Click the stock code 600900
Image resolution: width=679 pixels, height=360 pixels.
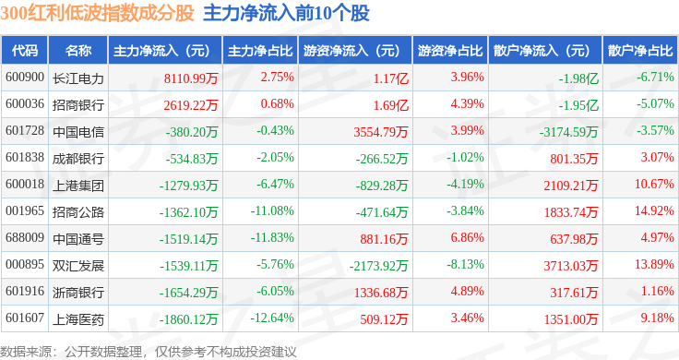25,78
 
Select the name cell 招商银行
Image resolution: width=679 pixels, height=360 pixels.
78,105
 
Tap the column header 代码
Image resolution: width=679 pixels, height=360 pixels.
25,51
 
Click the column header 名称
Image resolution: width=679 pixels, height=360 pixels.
78,51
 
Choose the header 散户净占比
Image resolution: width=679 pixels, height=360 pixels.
640,51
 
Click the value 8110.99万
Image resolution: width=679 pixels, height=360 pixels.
191,78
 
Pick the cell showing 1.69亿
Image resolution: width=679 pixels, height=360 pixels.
391,105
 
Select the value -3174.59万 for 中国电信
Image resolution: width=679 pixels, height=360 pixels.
568,132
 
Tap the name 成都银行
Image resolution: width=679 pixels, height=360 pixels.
78,159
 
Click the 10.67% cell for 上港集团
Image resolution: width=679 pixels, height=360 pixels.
654,184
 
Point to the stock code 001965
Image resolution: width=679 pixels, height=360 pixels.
25,211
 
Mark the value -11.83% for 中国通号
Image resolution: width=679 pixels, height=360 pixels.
272,237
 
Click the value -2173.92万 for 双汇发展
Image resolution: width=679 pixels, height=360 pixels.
379,266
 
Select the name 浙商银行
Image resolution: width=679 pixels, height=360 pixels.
78,293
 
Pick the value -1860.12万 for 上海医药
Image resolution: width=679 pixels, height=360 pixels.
188,319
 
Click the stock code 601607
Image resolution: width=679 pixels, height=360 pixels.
25,318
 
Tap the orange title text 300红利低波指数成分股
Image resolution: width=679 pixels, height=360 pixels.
97,13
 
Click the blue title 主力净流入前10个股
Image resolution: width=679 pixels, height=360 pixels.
286,13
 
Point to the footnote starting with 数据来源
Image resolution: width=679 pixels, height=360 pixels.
149,352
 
